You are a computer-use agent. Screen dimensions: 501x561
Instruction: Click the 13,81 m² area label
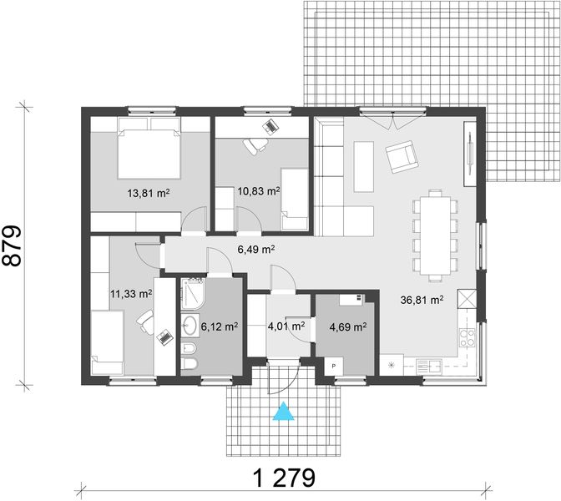[149, 192]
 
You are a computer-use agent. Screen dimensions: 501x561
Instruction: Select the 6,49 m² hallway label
[256, 249]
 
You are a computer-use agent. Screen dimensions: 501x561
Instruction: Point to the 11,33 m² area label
[131, 294]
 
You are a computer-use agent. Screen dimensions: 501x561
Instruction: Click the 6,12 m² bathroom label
[220, 326]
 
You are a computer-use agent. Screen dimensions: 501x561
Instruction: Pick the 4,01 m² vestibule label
[285, 326]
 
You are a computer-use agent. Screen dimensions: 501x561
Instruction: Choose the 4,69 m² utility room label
[348, 327]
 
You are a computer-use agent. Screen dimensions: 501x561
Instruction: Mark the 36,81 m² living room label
[422, 299]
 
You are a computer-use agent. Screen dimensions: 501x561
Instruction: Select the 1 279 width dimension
[284, 478]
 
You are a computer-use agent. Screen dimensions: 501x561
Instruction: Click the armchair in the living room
[402, 154]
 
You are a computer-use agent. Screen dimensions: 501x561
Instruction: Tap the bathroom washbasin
[189, 325]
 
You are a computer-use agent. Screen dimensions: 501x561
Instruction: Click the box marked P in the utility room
[334, 366]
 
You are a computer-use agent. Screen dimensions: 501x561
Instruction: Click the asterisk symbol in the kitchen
[390, 365]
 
